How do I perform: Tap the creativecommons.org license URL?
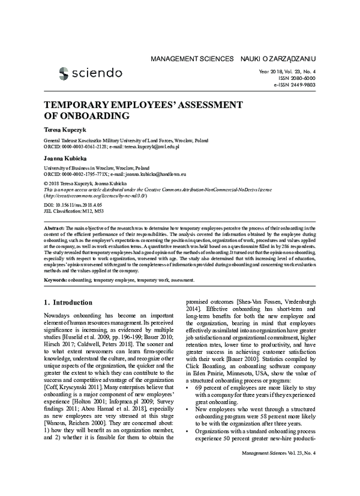(x=92, y=196)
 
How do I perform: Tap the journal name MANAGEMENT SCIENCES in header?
(x=192, y=59)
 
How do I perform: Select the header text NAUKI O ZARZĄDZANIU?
(x=278, y=59)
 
